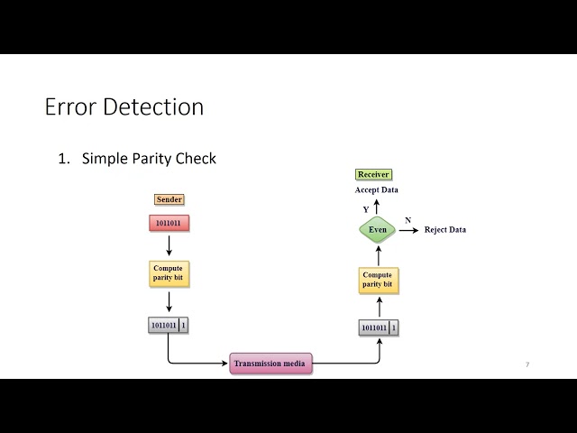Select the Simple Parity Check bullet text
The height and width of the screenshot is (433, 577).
tap(149, 159)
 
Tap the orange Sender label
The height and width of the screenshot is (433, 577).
tap(169, 199)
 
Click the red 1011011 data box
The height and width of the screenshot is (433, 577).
tap(169, 223)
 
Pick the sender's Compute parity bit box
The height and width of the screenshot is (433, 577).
tap(169, 273)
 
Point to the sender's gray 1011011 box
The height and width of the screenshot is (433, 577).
tap(163, 325)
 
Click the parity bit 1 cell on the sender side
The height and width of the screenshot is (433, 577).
tap(184, 325)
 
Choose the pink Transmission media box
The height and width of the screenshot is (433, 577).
tap(270, 364)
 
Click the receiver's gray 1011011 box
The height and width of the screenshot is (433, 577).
tap(373, 327)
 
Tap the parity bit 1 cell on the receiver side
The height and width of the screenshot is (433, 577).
tap(394, 327)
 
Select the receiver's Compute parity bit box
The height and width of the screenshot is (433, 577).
tap(377, 280)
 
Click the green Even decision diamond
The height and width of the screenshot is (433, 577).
tap(377, 230)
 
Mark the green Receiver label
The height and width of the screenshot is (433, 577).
tap(374, 174)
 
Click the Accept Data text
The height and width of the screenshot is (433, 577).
tap(377, 190)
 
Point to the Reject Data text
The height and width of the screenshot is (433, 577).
tap(445, 230)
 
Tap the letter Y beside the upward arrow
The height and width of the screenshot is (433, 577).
tap(365, 209)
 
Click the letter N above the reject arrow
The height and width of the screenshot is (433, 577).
tap(408, 220)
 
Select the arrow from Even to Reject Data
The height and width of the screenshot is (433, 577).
tap(409, 230)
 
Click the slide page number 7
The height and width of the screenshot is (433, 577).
tap(527, 364)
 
